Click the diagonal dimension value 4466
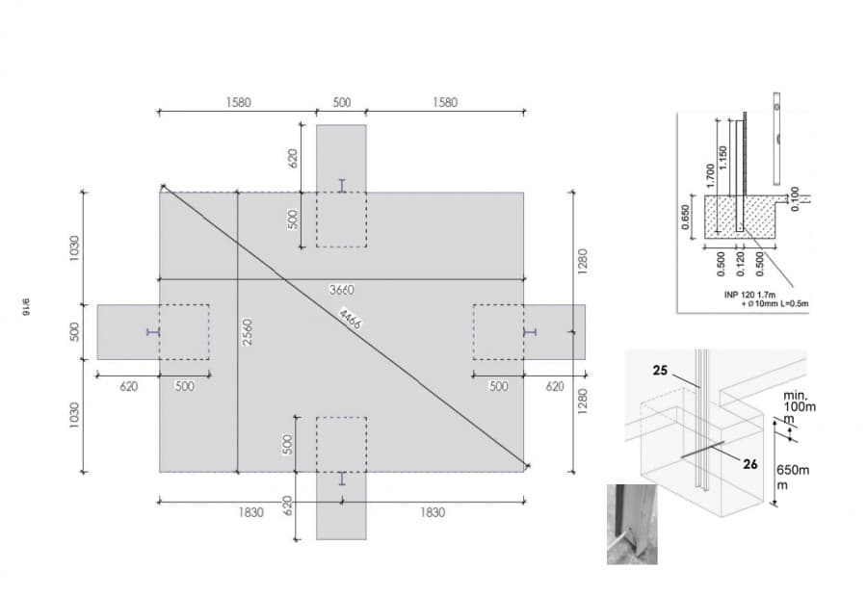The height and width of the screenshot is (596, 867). [x=350, y=318]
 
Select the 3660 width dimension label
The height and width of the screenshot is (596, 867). [x=342, y=290]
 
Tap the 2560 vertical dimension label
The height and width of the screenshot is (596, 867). [x=248, y=332]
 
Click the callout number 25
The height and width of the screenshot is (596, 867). [x=660, y=371]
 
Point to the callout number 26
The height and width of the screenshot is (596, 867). [x=750, y=464]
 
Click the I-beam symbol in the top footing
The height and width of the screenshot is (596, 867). [x=342, y=186]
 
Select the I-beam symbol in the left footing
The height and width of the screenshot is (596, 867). [x=153, y=332]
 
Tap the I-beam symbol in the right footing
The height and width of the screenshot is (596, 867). [x=530, y=332]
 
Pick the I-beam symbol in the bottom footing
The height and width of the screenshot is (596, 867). [x=342, y=479]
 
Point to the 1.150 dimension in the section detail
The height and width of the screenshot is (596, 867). [x=723, y=158]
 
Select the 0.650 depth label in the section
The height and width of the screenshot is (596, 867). [x=686, y=217]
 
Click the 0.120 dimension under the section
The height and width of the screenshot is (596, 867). [x=741, y=264]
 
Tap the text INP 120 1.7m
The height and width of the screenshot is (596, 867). [x=749, y=295]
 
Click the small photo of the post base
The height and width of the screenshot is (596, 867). [x=632, y=524]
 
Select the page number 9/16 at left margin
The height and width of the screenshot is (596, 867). [x=26, y=307]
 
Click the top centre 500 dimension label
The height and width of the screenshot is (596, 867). [x=342, y=102]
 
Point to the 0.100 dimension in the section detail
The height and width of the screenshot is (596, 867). [x=795, y=198]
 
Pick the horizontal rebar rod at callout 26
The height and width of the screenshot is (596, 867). [x=702, y=450]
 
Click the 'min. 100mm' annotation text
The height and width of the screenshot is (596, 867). [x=799, y=407]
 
